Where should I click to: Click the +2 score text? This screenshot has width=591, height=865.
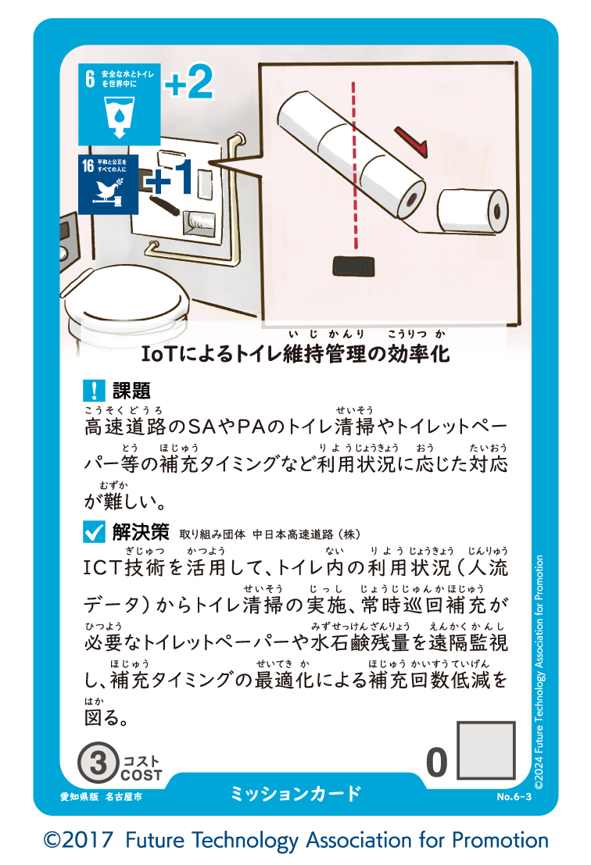[x=188, y=84]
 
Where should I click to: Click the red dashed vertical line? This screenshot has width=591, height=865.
[x=356, y=164]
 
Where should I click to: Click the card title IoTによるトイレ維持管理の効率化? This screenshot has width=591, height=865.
[x=295, y=354]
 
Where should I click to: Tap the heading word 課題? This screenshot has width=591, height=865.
[x=131, y=389]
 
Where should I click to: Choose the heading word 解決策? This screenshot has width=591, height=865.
[x=141, y=533]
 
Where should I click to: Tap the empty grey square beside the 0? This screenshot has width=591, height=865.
[x=486, y=751]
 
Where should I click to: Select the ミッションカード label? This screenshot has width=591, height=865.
[x=295, y=794]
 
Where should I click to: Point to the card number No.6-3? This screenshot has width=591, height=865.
[x=514, y=797]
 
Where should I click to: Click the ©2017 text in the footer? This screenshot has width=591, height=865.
[x=80, y=841]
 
